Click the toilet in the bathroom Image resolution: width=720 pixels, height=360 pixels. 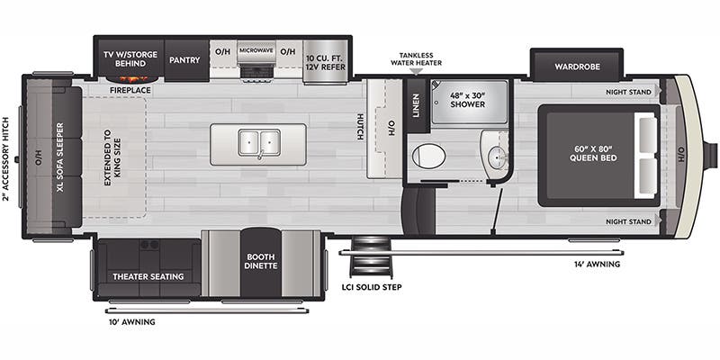428,156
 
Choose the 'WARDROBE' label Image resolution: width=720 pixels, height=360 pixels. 577,66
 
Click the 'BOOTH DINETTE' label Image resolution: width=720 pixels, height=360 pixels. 261,261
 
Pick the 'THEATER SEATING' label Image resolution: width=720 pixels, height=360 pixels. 148,276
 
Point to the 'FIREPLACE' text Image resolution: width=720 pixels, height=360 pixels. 130,91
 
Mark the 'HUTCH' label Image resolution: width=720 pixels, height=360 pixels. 359,127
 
